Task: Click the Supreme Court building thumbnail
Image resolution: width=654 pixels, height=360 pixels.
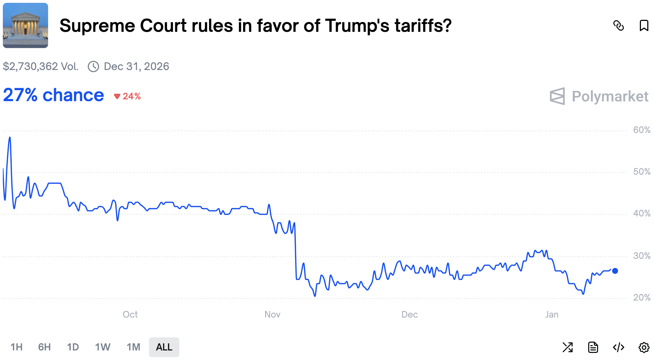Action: pyautogui.click(x=25, y=25)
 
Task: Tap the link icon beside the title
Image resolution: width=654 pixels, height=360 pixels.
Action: pyautogui.click(x=618, y=26)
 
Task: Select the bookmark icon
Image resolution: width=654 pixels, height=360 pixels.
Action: pyautogui.click(x=644, y=26)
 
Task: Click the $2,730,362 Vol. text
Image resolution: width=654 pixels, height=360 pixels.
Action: pyautogui.click(x=41, y=66)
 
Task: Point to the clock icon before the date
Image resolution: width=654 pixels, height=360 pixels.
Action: pyautogui.click(x=93, y=66)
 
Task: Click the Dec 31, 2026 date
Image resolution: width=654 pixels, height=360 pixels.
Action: pyautogui.click(x=136, y=66)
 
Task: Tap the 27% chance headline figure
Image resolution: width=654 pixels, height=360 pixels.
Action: pyautogui.click(x=53, y=95)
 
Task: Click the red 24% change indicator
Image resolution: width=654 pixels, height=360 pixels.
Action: pyautogui.click(x=128, y=96)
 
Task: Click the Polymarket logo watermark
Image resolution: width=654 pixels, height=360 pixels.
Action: pyautogui.click(x=599, y=96)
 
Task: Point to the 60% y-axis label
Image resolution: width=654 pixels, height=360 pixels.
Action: pyautogui.click(x=641, y=130)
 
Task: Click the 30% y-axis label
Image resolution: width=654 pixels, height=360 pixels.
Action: pyautogui.click(x=641, y=256)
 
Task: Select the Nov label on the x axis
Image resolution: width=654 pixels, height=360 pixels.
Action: pyautogui.click(x=272, y=314)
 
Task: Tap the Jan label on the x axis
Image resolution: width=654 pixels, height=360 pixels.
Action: pyautogui.click(x=552, y=314)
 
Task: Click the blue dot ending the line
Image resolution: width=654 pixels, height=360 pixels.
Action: pyautogui.click(x=615, y=271)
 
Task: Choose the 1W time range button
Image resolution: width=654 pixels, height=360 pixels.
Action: pyautogui.click(x=103, y=347)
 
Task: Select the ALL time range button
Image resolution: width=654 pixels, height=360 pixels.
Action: pyautogui.click(x=164, y=347)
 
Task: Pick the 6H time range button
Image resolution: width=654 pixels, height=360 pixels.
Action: pyautogui.click(x=44, y=347)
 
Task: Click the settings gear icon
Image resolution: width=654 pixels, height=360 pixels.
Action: pyautogui.click(x=644, y=347)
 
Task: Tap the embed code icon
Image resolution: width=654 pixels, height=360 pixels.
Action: pyautogui.click(x=618, y=347)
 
